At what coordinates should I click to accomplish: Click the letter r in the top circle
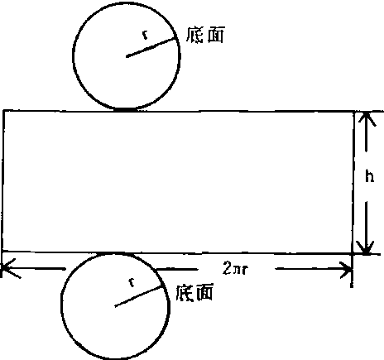point(145,35)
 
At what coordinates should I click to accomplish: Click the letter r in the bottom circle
point(132,282)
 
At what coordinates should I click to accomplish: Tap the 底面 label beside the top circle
point(205,35)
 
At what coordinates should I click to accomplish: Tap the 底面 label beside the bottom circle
point(194,292)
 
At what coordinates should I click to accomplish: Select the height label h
point(370,176)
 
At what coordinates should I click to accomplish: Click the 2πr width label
point(235,268)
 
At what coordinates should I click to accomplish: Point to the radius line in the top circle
point(151,47)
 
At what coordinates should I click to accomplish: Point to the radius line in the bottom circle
point(138,296)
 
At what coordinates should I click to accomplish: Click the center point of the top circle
point(127,56)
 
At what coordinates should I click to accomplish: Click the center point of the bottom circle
point(115,305)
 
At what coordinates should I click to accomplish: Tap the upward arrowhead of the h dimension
point(367,118)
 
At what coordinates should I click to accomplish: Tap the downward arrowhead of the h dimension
point(365,247)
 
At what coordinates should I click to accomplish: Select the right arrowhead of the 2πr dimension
point(345,270)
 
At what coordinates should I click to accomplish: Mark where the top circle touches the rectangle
point(127,110)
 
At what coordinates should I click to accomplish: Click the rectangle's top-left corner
point(3,111)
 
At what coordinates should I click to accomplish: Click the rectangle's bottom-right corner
point(353,252)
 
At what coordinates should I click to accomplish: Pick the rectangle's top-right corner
point(354,112)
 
